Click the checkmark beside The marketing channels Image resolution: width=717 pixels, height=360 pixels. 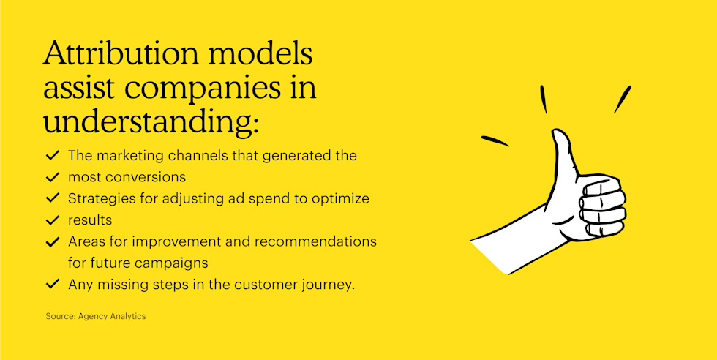[52, 156]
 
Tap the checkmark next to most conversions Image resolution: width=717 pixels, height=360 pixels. [52, 177]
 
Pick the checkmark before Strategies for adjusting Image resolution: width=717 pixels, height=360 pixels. [52, 198]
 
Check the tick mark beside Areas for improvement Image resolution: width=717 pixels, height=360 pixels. [52, 241]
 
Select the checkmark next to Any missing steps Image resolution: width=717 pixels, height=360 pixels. [52, 284]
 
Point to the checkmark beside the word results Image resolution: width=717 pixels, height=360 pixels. [52, 220]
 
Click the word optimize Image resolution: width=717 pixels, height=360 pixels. [341, 198]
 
